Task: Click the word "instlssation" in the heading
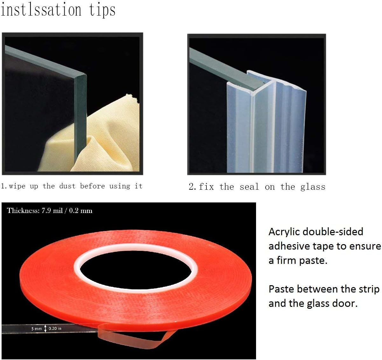pos(41,10)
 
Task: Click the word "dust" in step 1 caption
pos(67,186)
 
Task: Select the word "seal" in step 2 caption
pos(249,187)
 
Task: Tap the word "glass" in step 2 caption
pos(313,187)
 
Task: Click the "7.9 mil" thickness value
pos(52,211)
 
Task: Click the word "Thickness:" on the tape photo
pos(23,211)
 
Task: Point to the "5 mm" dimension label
pos(37,328)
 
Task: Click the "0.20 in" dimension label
pos(55,328)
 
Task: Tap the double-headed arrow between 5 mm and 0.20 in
pos(45,328)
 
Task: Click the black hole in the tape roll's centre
pos(136,270)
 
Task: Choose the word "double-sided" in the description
pos(333,232)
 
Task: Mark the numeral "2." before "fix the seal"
pos(192,186)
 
